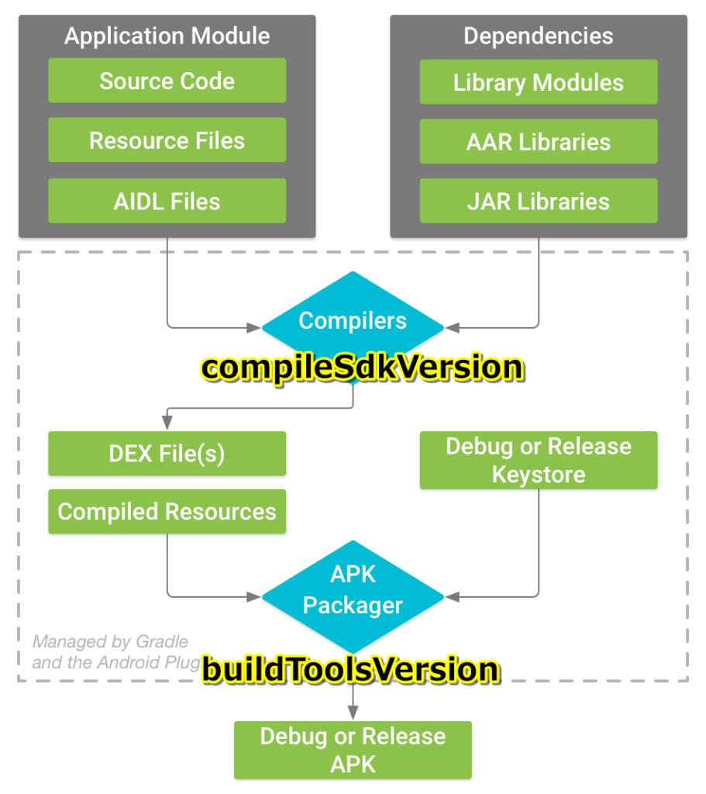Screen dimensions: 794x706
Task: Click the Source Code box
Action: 167,81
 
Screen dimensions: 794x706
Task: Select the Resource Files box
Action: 167,140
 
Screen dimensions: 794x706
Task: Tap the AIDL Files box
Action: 167,201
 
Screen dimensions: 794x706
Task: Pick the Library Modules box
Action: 538,82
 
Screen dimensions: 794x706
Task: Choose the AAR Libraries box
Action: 538,142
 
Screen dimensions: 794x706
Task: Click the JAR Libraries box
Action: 538,201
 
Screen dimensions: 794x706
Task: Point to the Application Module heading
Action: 167,36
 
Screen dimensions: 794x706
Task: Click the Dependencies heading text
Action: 538,36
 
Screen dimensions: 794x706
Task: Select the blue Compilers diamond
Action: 353,321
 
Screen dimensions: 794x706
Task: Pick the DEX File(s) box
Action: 167,454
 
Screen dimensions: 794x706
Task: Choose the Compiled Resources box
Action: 167,512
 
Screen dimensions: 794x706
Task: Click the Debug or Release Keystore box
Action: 538,461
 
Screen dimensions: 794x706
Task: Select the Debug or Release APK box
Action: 353,750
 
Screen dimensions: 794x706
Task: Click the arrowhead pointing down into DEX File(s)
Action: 167,423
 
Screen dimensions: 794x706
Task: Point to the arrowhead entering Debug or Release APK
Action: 353,713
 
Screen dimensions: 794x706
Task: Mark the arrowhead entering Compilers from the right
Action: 453,328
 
